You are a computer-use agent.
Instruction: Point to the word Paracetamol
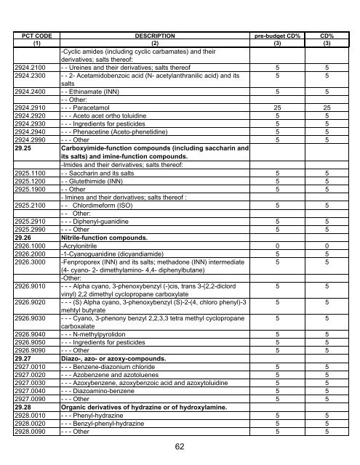point(92,108)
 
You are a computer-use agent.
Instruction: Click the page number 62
point(180,448)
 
